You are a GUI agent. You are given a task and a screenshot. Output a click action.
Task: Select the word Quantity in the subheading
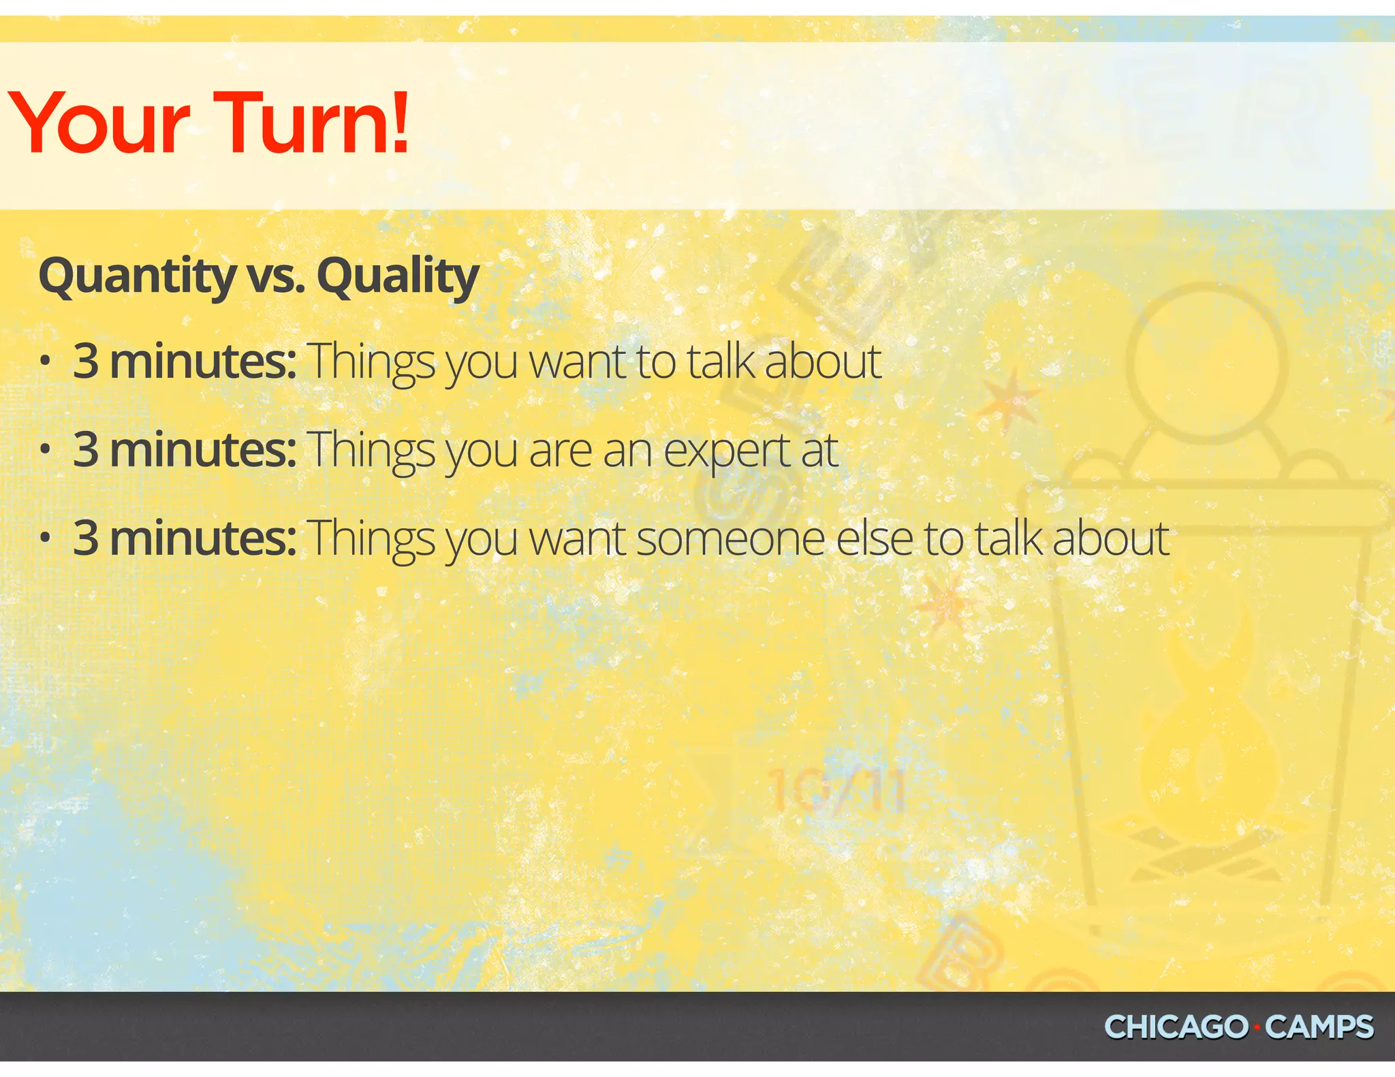coord(136,276)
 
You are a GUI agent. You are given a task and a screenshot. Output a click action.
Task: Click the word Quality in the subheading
coord(398,276)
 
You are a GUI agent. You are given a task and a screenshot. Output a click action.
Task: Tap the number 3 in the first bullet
coord(86,361)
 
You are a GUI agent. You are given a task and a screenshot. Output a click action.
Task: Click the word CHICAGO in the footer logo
coord(1176,1027)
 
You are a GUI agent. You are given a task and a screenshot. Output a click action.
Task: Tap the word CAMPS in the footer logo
coord(1319,1027)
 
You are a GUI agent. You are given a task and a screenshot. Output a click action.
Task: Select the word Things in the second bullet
coord(371,451)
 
